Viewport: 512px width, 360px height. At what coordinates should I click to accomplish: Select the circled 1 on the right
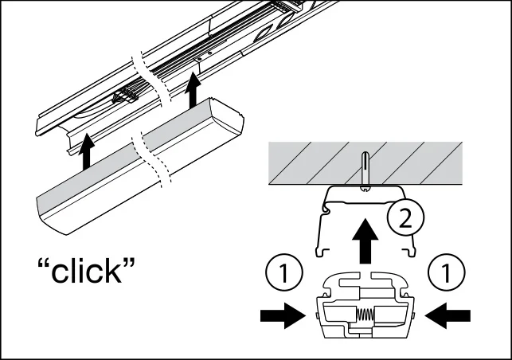(x=448, y=274)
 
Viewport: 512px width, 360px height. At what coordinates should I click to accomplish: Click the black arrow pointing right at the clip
(x=280, y=316)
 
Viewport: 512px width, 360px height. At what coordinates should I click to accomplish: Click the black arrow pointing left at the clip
(x=448, y=316)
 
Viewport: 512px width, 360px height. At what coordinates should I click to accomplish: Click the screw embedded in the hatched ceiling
(x=364, y=171)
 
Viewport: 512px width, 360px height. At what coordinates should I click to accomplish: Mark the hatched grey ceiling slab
(x=303, y=162)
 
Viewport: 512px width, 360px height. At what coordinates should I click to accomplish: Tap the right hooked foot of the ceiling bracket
(x=411, y=252)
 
